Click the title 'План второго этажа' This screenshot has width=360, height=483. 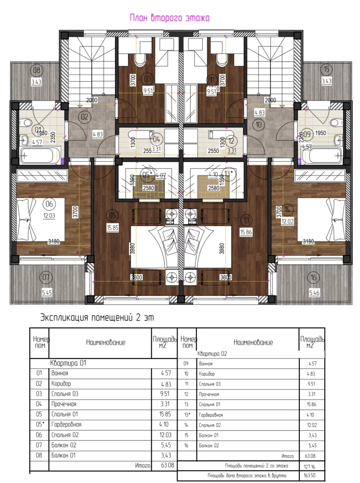coord(169,18)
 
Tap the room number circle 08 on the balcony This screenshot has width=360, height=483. coord(36,70)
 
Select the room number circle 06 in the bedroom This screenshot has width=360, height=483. coord(48,204)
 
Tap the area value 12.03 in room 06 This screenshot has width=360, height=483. coord(47,216)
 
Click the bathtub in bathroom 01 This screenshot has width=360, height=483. coord(40,155)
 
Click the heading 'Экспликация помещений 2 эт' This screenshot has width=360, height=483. coord(97,316)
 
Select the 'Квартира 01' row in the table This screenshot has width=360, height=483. coord(68,364)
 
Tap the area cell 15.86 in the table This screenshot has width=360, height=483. coord(311,404)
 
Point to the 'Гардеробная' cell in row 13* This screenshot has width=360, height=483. coord(211,415)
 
